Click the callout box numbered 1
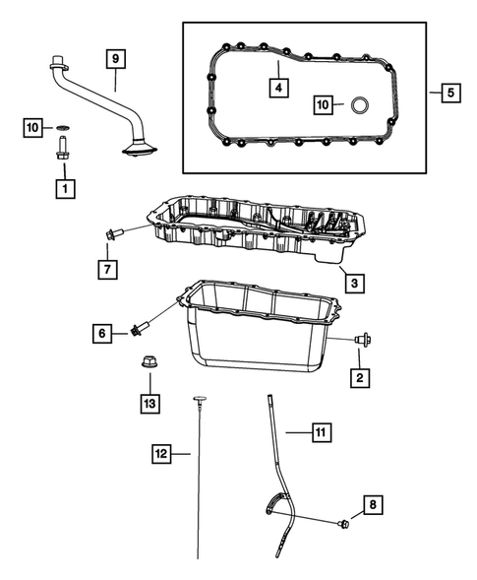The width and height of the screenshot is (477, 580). coord(65,185)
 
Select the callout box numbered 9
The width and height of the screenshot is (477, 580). coord(115,60)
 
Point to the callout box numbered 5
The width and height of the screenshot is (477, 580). coord(449,94)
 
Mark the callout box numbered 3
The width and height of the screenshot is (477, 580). coord(352,284)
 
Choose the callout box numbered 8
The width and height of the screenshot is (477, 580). coord(372,505)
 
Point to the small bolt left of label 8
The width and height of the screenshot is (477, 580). coord(342,524)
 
